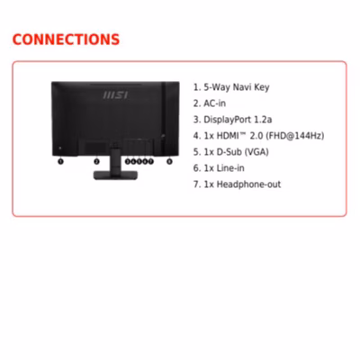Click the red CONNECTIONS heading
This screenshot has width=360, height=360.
click(x=66, y=40)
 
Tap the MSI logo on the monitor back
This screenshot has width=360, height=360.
click(x=115, y=95)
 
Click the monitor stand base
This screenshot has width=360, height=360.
click(x=115, y=175)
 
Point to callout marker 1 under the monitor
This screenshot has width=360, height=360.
click(x=60, y=161)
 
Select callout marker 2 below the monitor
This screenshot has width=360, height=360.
click(x=96, y=161)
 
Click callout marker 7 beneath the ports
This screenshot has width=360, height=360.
click(x=150, y=161)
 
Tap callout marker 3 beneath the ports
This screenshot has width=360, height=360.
click(x=128, y=161)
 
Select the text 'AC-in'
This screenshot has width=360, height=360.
click(x=214, y=103)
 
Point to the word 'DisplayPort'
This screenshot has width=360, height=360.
click(x=228, y=120)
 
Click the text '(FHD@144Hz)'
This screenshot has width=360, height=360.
click(x=295, y=136)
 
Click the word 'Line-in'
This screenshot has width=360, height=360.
click(x=230, y=168)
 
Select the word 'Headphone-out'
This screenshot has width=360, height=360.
click(x=248, y=184)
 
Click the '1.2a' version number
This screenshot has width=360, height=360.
click(x=263, y=120)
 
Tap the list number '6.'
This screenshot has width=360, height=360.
click(x=197, y=168)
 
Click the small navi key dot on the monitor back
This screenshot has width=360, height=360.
click(x=60, y=148)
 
